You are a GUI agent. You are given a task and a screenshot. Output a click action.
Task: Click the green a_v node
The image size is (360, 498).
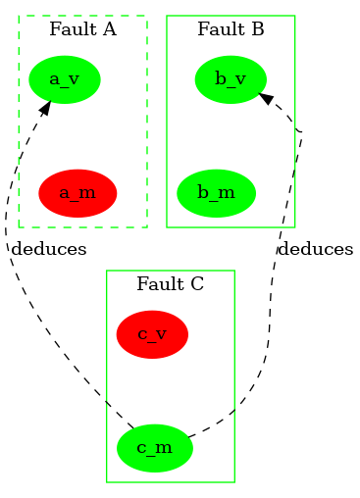pyautogui.click(x=64, y=78)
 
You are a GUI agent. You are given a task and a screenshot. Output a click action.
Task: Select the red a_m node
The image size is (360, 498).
pyautogui.click(x=77, y=192)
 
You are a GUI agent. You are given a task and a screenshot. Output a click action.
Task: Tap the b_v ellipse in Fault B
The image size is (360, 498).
pyautogui.click(x=231, y=78)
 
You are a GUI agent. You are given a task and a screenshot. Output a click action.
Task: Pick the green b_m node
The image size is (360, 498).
pyautogui.click(x=216, y=192)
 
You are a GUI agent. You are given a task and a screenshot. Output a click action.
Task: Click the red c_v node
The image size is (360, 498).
pyautogui.click(x=151, y=334)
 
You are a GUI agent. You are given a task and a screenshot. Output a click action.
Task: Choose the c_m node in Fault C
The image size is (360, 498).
pyautogui.click(x=154, y=448)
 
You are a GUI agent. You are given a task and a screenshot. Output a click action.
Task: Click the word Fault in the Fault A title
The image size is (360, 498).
pyautogui.click(x=68, y=29)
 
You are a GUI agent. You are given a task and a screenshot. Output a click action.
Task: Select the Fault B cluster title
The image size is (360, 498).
pyautogui.click(x=231, y=29)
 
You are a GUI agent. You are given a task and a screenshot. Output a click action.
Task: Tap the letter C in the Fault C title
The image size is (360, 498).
pyautogui.click(x=197, y=284)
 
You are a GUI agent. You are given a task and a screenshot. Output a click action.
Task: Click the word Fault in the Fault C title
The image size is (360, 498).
pyautogui.click(x=155, y=284)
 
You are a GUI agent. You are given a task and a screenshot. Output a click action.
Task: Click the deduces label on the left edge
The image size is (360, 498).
pyautogui.click(x=49, y=249)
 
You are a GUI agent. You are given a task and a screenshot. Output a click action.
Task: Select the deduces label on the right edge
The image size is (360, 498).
pyautogui.click(x=315, y=249)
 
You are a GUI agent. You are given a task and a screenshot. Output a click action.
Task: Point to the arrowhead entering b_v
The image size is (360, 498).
pyautogui.click(x=266, y=98)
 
